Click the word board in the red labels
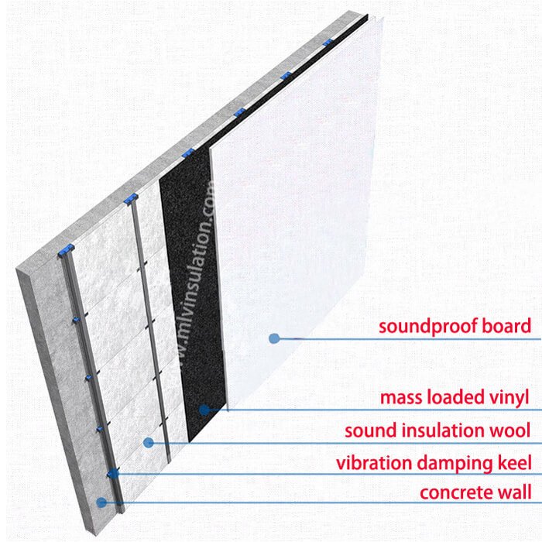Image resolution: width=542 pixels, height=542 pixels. (x=506, y=326)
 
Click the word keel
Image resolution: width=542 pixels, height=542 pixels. (x=514, y=463)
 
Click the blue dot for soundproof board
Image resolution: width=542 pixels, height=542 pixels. (x=274, y=338)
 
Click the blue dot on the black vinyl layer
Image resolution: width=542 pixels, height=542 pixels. (x=204, y=410)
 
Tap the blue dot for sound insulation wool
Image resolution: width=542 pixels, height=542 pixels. (x=149, y=442)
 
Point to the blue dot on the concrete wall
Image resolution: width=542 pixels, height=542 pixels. (x=101, y=503)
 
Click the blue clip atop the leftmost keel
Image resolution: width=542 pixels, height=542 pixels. (x=66, y=250)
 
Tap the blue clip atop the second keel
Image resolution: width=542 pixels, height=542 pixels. (x=131, y=199)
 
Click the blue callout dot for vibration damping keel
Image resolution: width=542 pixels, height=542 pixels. (x=113, y=473)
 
